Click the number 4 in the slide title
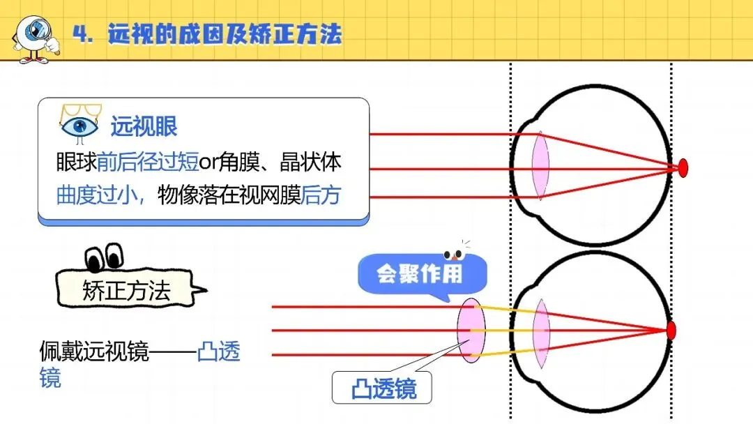[x=81, y=35]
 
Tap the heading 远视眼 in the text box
[x=144, y=126]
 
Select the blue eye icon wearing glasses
[x=80, y=124]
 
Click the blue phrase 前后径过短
[x=148, y=162]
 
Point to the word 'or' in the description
[x=208, y=163]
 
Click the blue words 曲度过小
[x=96, y=195]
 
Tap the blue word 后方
[x=321, y=195]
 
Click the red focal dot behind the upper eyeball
[x=683, y=167]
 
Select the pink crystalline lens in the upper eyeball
[x=540, y=165]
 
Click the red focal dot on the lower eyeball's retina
[x=671, y=331]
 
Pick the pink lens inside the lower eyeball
[x=541, y=334]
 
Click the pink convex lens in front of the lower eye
[x=471, y=331]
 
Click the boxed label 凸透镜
[x=382, y=388]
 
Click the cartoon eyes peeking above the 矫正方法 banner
[x=104, y=257]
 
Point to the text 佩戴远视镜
[x=94, y=351]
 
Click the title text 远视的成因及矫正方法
[x=225, y=34]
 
